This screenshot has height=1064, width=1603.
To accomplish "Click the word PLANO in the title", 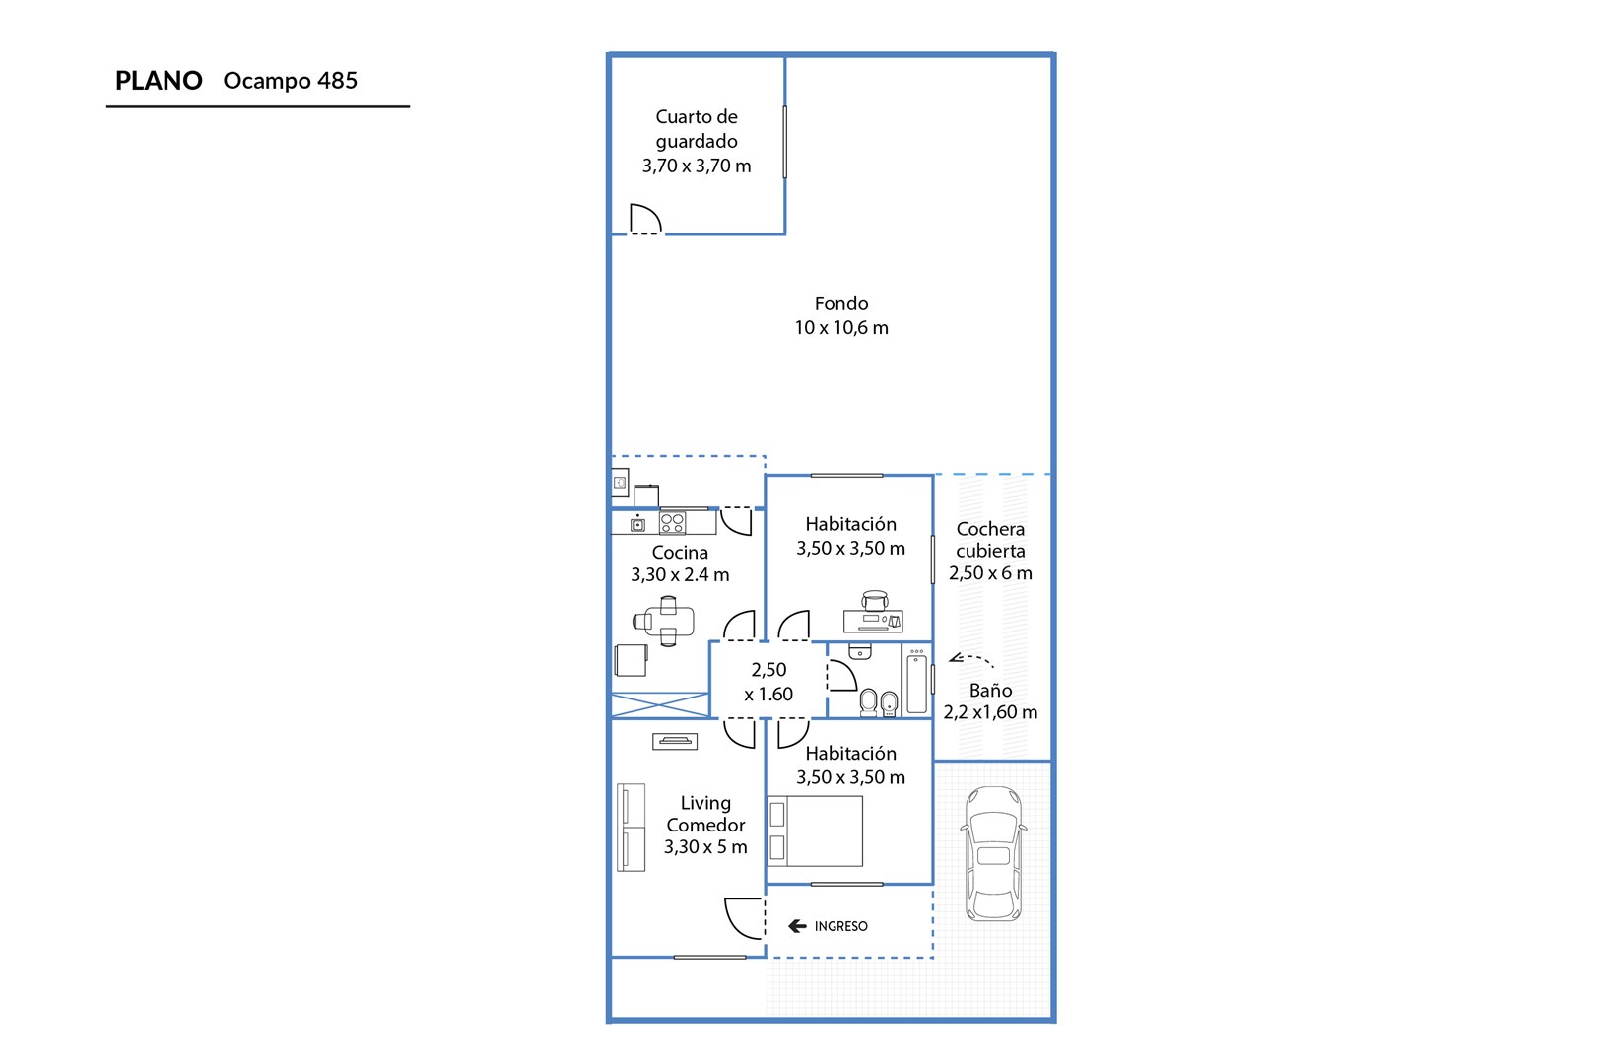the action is [x=159, y=80].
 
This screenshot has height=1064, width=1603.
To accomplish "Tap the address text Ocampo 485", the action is [x=290, y=80].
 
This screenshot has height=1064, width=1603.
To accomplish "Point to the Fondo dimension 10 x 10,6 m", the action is [x=840, y=328].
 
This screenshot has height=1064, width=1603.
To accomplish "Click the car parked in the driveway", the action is [x=993, y=853].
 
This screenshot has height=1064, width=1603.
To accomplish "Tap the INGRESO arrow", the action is [x=797, y=926].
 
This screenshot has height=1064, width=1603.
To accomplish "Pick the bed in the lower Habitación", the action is [x=815, y=831].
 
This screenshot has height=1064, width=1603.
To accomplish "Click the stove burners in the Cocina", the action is [x=672, y=523].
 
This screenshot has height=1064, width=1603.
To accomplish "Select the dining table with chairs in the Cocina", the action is [x=664, y=621].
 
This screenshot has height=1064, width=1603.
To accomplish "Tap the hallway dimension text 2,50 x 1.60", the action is [x=768, y=682].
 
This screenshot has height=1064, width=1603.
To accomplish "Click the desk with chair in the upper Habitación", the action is [x=874, y=613].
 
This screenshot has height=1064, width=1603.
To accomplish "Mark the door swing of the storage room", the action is [x=645, y=219].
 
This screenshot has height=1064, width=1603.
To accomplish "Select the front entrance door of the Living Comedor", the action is [x=744, y=918].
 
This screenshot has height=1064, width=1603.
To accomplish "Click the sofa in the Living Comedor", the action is [x=631, y=828].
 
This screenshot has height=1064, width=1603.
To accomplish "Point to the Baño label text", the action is [x=990, y=690].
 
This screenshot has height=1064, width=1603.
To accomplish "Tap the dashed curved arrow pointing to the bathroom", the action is [x=969, y=659].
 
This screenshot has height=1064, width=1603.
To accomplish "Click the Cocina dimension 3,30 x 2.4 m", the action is [x=680, y=574].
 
